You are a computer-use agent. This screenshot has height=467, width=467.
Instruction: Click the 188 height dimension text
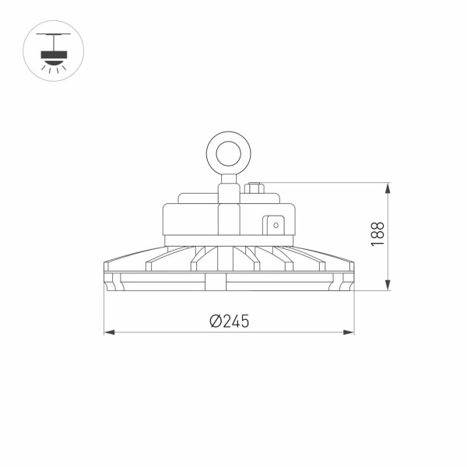point(377,234)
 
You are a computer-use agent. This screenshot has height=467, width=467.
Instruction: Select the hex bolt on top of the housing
point(255,188)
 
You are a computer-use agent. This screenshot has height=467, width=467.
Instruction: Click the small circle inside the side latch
point(275,225)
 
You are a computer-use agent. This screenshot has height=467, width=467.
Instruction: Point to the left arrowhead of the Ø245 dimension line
point(109,333)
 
